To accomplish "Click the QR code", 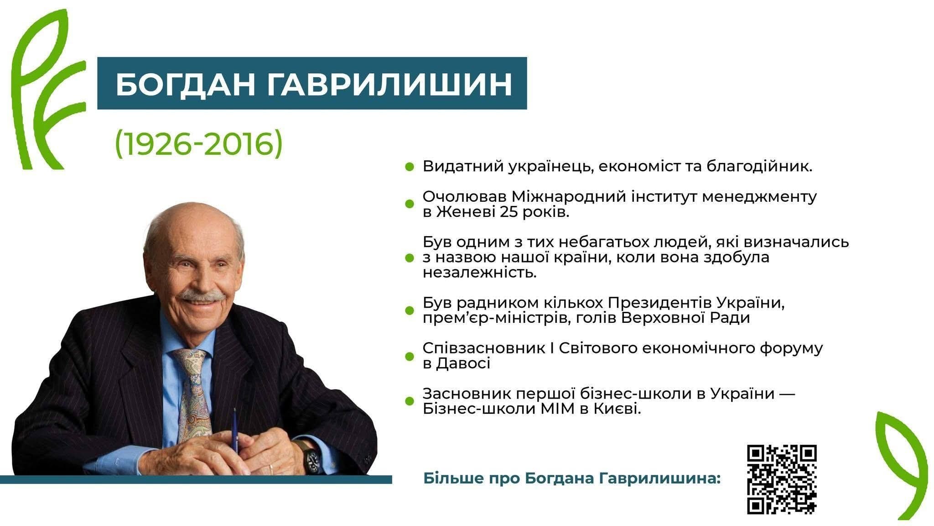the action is [782, 479].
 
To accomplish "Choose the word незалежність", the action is [480, 273].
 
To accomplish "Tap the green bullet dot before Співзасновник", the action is [409, 356].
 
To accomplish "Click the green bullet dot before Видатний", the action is [409, 167].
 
